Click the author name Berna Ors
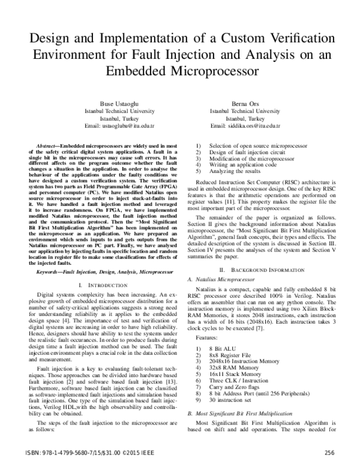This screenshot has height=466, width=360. coord(249,103)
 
